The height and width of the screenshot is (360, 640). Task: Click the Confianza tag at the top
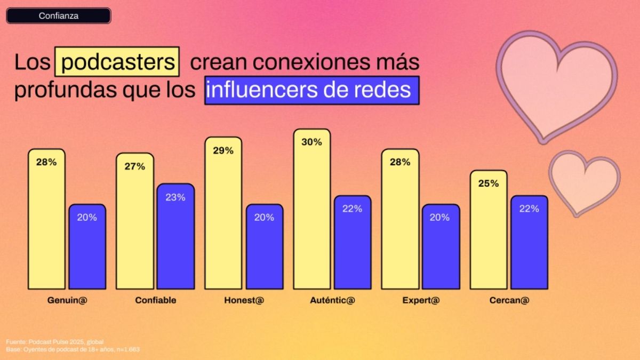point(59,16)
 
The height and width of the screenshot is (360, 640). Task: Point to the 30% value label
point(311,142)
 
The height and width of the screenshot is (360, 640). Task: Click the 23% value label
point(175,197)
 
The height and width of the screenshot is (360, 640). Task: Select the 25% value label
point(489,183)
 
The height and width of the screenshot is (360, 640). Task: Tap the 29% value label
point(223,151)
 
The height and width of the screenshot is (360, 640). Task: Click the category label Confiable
point(156,300)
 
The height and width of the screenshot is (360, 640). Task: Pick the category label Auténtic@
point(332,300)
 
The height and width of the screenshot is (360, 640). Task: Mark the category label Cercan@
point(509,300)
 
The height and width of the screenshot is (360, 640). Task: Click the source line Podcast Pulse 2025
point(54,341)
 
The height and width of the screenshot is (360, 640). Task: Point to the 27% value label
point(134,166)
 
